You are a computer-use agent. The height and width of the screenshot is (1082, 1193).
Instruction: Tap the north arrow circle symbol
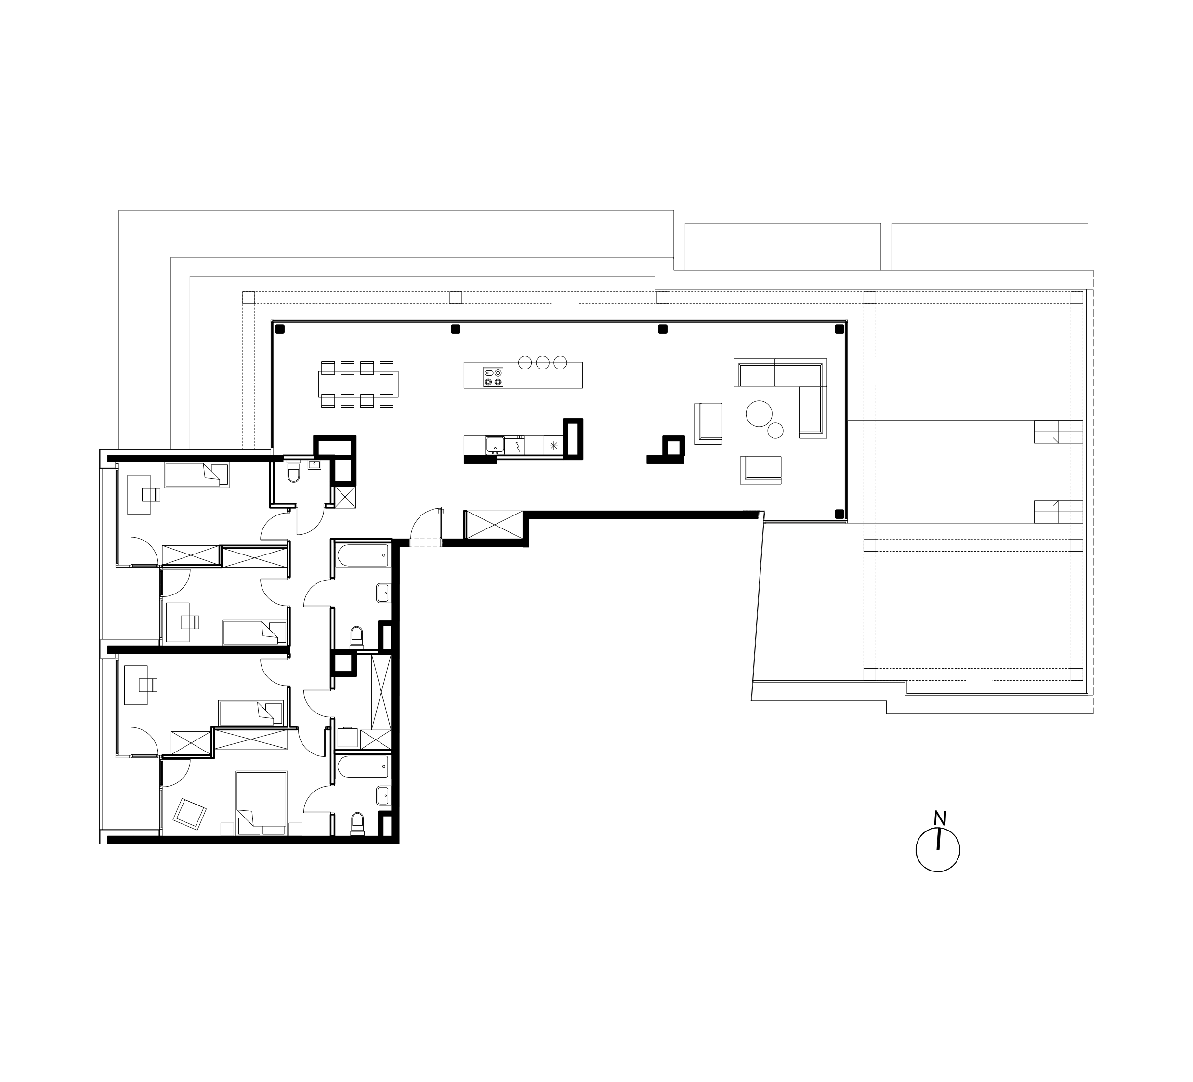938,849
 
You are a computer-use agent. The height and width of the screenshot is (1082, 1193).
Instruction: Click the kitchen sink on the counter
495,445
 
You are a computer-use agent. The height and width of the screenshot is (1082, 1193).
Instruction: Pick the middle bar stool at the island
543,363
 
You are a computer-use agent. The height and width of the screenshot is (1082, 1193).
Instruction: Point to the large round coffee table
759,414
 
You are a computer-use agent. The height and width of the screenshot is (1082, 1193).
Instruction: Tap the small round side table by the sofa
776,430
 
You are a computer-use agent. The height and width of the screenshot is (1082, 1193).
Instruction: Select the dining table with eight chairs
358,384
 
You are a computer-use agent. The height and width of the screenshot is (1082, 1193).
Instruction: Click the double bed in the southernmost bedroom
262,803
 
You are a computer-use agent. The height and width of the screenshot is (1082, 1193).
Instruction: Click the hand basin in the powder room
314,464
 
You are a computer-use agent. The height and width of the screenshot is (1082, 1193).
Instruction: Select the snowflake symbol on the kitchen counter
554,445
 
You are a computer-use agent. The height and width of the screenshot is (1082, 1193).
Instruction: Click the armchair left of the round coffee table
708,422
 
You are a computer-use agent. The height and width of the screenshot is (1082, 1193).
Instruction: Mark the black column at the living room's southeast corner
839,513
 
